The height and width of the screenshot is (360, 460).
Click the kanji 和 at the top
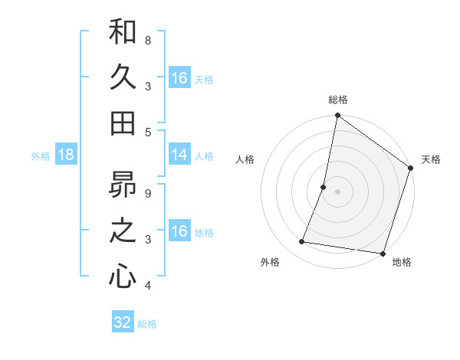coord(123,33)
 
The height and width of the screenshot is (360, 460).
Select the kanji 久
coord(123,77)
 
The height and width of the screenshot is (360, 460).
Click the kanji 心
coord(123,276)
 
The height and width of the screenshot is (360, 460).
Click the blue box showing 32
coord(123,322)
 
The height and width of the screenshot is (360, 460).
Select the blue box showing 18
coord(66,155)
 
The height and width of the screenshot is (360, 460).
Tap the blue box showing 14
coord(179,155)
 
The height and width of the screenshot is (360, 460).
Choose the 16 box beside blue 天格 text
coord(179,78)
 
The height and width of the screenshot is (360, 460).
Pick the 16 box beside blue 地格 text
coord(179,231)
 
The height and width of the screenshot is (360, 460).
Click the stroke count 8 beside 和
coord(148,40)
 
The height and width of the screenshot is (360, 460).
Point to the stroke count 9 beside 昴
coord(148,193)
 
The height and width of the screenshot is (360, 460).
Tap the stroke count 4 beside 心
coord(148,286)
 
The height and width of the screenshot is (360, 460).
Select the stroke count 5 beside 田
coord(148,132)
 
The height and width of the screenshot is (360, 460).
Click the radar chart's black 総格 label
coord(337,100)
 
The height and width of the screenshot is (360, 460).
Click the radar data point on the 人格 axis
coord(324,187)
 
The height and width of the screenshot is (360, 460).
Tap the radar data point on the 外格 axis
coord(302,242)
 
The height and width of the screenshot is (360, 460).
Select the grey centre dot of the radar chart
coord(337,191)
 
